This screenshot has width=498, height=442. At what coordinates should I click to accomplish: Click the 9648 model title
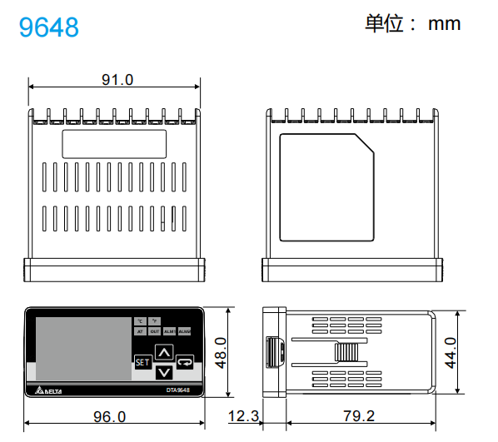[49, 27]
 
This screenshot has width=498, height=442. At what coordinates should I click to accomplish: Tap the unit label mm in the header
[444, 23]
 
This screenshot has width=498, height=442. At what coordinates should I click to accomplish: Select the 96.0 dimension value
[109, 416]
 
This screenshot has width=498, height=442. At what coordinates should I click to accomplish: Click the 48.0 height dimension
[221, 352]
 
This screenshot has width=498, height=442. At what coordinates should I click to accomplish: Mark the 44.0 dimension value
[451, 352]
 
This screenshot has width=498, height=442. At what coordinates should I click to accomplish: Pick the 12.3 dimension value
[243, 416]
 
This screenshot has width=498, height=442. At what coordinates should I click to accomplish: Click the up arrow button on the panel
[163, 352]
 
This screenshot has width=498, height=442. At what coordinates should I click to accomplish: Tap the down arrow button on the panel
[163, 371]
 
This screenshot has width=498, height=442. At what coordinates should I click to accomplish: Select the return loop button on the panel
[184, 362]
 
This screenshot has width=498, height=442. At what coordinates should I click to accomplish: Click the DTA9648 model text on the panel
[177, 390]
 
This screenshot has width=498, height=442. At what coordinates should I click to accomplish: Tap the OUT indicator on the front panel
[155, 331]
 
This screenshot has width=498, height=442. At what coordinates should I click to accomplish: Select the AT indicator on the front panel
[141, 331]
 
